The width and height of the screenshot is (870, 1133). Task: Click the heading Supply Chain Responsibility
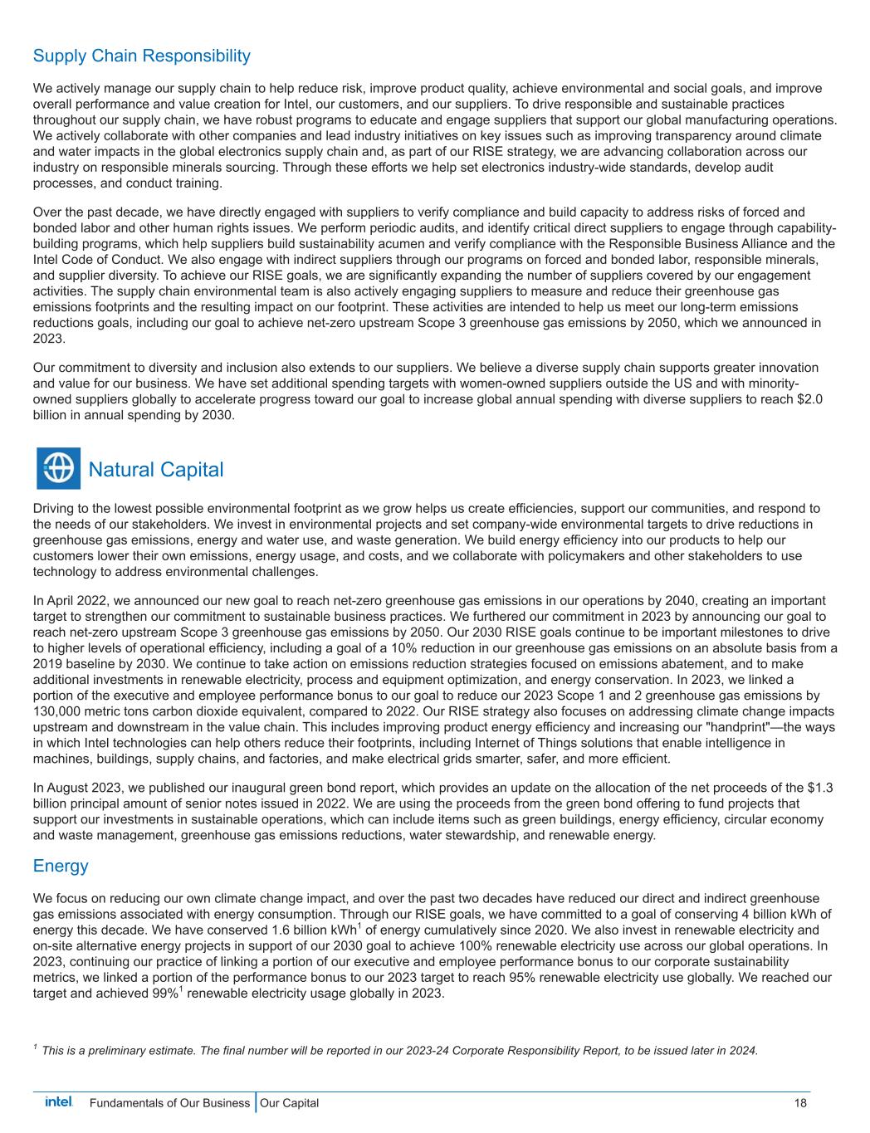pos(141,56)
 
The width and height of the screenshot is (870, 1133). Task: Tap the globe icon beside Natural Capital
pos(58,469)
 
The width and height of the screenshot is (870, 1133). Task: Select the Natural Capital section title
pos(155,470)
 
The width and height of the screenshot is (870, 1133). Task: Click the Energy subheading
pos(61,866)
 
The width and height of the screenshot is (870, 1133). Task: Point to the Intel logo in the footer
pos(58,1102)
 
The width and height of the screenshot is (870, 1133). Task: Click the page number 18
pos(799,1103)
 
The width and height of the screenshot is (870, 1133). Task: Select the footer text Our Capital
pos(289,1103)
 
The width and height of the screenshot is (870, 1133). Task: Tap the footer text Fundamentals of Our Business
pos(169,1103)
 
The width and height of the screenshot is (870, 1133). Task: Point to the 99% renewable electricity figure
pos(162,994)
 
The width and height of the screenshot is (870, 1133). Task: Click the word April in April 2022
pos(63,600)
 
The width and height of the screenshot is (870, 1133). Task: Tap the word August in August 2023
pos(68,787)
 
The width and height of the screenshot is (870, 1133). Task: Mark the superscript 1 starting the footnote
pos(35,1048)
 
